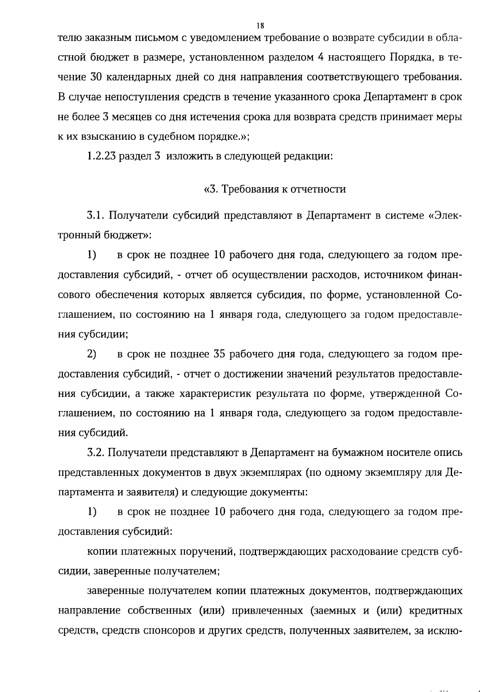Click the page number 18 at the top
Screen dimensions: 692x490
point(261,26)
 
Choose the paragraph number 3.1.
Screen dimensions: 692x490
point(96,215)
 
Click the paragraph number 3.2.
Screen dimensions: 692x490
point(96,453)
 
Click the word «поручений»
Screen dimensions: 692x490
point(207,552)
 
